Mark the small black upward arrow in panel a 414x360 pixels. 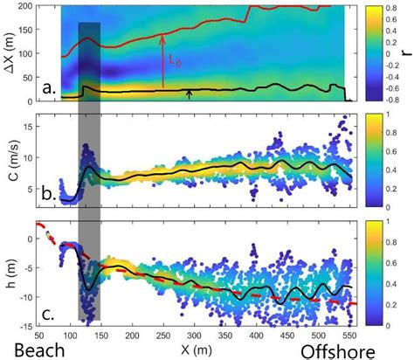(189, 93)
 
